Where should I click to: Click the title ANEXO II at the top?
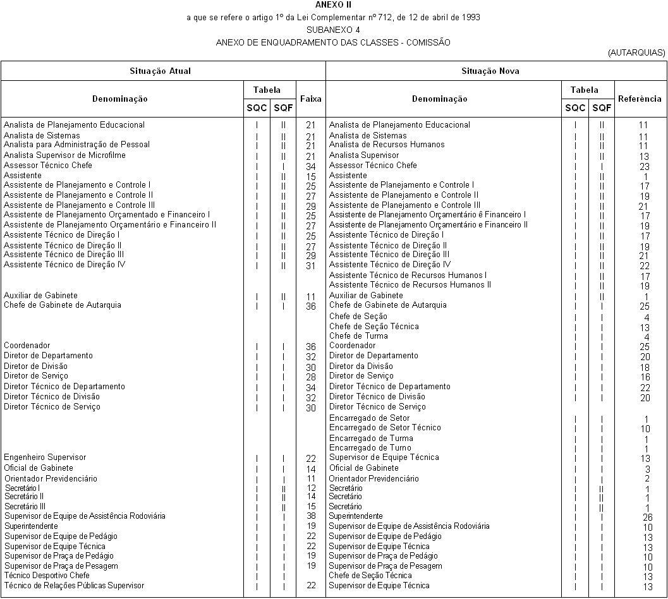pyautogui.click(x=333, y=4)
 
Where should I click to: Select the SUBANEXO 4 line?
pyautogui.click(x=333, y=30)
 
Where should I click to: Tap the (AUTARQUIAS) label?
pyautogui.click(x=636, y=53)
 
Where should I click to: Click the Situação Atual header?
pyautogui.click(x=160, y=71)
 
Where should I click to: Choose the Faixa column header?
pyautogui.click(x=310, y=99)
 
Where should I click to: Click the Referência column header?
pyautogui.click(x=640, y=99)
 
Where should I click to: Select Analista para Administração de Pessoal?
pyautogui.click(x=76, y=145)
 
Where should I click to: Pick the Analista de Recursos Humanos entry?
pyautogui.click(x=386, y=145)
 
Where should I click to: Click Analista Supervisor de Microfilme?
pyautogui.click(x=64, y=155)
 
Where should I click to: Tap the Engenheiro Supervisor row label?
pyautogui.click(x=45, y=457)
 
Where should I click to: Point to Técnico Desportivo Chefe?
pyautogui.click(x=47, y=576)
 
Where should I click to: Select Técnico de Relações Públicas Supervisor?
pyautogui.click(x=74, y=586)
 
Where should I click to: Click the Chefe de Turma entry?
pyautogui.click(x=358, y=336)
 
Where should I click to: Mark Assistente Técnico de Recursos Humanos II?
pyautogui.click(x=410, y=285)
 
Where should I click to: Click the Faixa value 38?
pyautogui.click(x=310, y=516)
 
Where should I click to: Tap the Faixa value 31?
pyautogui.click(x=310, y=266)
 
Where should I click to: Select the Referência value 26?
pyautogui.click(x=643, y=517)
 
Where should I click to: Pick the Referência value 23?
pyautogui.click(x=643, y=167)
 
